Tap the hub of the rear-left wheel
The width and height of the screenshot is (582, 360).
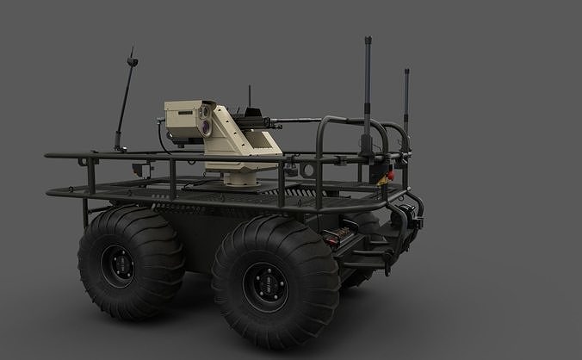pos(117,265)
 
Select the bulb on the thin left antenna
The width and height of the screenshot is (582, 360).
pos(132,61)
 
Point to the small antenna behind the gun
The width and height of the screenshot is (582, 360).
pos(249,95)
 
